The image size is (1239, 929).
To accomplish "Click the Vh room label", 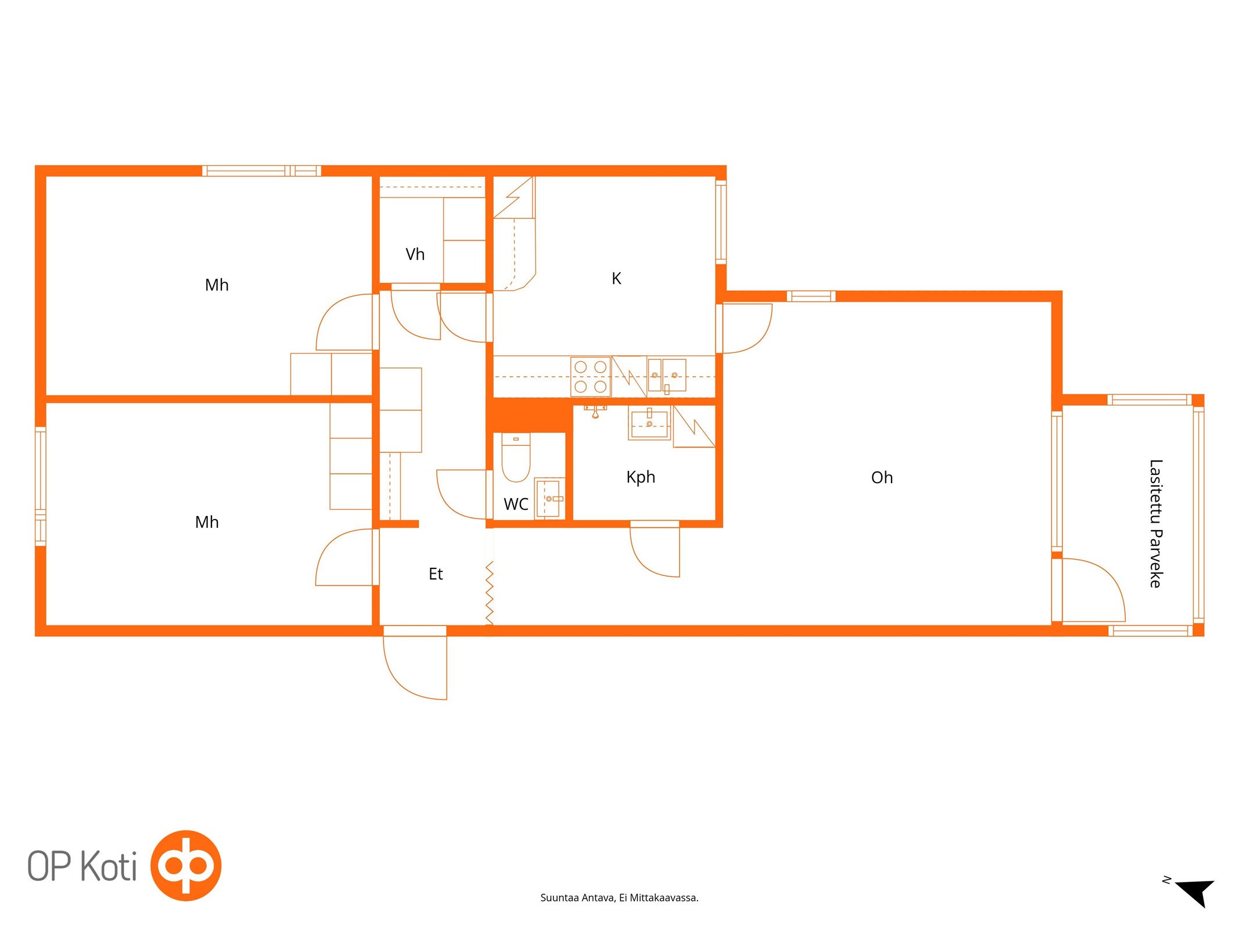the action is click(415, 254).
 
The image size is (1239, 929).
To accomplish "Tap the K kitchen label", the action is click(616, 279).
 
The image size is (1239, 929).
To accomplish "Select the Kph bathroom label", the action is click(641, 477).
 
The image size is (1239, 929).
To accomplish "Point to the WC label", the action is click(516, 504).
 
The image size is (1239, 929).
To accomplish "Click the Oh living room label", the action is click(882, 478).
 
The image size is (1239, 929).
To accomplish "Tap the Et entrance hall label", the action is click(436, 574).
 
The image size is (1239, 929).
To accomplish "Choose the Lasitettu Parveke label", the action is click(1155, 523).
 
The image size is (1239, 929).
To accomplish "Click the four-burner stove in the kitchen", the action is click(591, 376).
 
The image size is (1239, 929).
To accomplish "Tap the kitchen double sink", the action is click(667, 375).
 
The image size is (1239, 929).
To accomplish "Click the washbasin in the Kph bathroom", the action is click(649, 423).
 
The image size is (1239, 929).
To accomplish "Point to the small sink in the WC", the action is click(549, 498).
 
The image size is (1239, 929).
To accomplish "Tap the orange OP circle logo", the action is click(186, 865).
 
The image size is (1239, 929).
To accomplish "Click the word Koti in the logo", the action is click(109, 866).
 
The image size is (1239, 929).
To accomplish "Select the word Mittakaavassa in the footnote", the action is click(664, 898).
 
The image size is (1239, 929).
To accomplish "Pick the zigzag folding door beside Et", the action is click(490, 593).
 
